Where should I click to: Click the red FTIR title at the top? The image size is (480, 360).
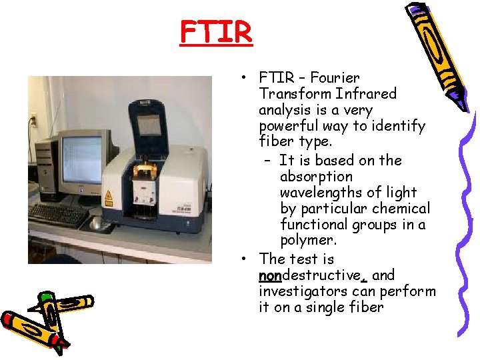pos(216,31)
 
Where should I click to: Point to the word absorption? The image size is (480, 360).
pos(316,177)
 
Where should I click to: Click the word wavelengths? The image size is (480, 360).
pos(319,193)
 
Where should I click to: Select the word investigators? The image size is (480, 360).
pos(301,291)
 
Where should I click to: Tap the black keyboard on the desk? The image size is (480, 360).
pos(59,215)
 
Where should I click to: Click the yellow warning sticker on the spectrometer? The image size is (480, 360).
pos(109,198)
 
